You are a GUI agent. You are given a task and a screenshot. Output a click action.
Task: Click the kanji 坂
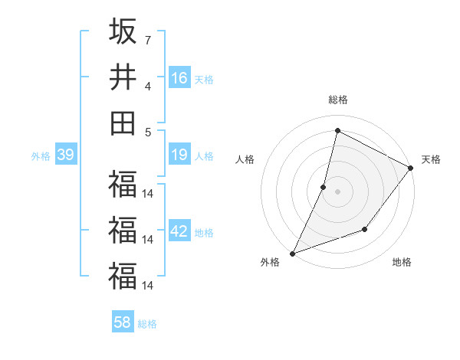coord(123,31)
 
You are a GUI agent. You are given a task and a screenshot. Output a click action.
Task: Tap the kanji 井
coord(123,77)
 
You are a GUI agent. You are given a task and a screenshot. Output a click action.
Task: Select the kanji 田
coord(123,123)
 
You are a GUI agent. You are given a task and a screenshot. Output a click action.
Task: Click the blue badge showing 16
coord(179,78)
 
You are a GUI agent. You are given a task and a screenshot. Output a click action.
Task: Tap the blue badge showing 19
coord(179,155)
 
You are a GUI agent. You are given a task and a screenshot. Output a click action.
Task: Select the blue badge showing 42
coord(179,232)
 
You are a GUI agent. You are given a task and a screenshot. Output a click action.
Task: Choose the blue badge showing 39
coord(65,155)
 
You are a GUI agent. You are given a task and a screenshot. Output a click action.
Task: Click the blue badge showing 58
coord(123,322)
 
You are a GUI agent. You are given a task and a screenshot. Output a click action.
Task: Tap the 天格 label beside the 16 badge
coord(204,80)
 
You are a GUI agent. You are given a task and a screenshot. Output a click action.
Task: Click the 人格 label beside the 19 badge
coord(204,156)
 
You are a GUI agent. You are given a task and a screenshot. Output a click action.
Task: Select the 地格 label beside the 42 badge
coord(204,233)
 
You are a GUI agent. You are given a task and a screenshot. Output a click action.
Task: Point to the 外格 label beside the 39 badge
coord(41,156)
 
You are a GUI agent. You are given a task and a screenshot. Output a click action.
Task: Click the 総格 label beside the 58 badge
coord(147,324)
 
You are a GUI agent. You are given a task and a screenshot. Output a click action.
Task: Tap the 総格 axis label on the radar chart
coord(337,100)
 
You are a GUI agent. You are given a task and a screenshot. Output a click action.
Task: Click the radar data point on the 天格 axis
coord(411,169)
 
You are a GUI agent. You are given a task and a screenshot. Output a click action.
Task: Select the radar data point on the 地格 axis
coord(365,229)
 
